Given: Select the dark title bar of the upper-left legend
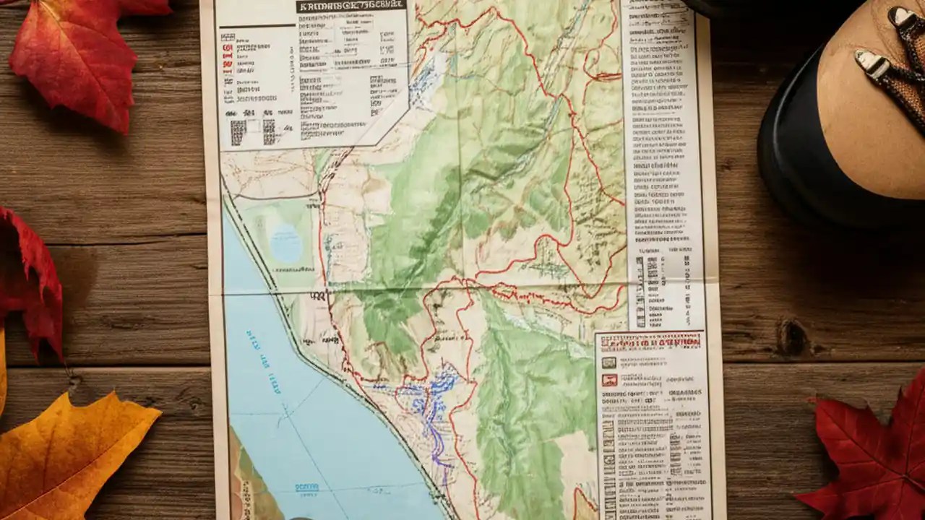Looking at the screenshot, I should click(x=350, y=6).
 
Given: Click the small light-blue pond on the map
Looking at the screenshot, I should click(x=285, y=243).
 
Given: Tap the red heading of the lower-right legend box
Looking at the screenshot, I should click(x=651, y=342).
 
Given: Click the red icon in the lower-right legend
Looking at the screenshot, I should click(x=609, y=380).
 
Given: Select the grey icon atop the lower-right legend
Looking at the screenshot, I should click(x=609, y=363).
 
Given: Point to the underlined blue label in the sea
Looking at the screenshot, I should click(x=307, y=488).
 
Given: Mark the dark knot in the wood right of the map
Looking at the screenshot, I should click(x=793, y=337).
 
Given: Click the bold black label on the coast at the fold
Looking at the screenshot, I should click(x=318, y=296).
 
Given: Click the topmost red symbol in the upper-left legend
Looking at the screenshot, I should click(x=228, y=48).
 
